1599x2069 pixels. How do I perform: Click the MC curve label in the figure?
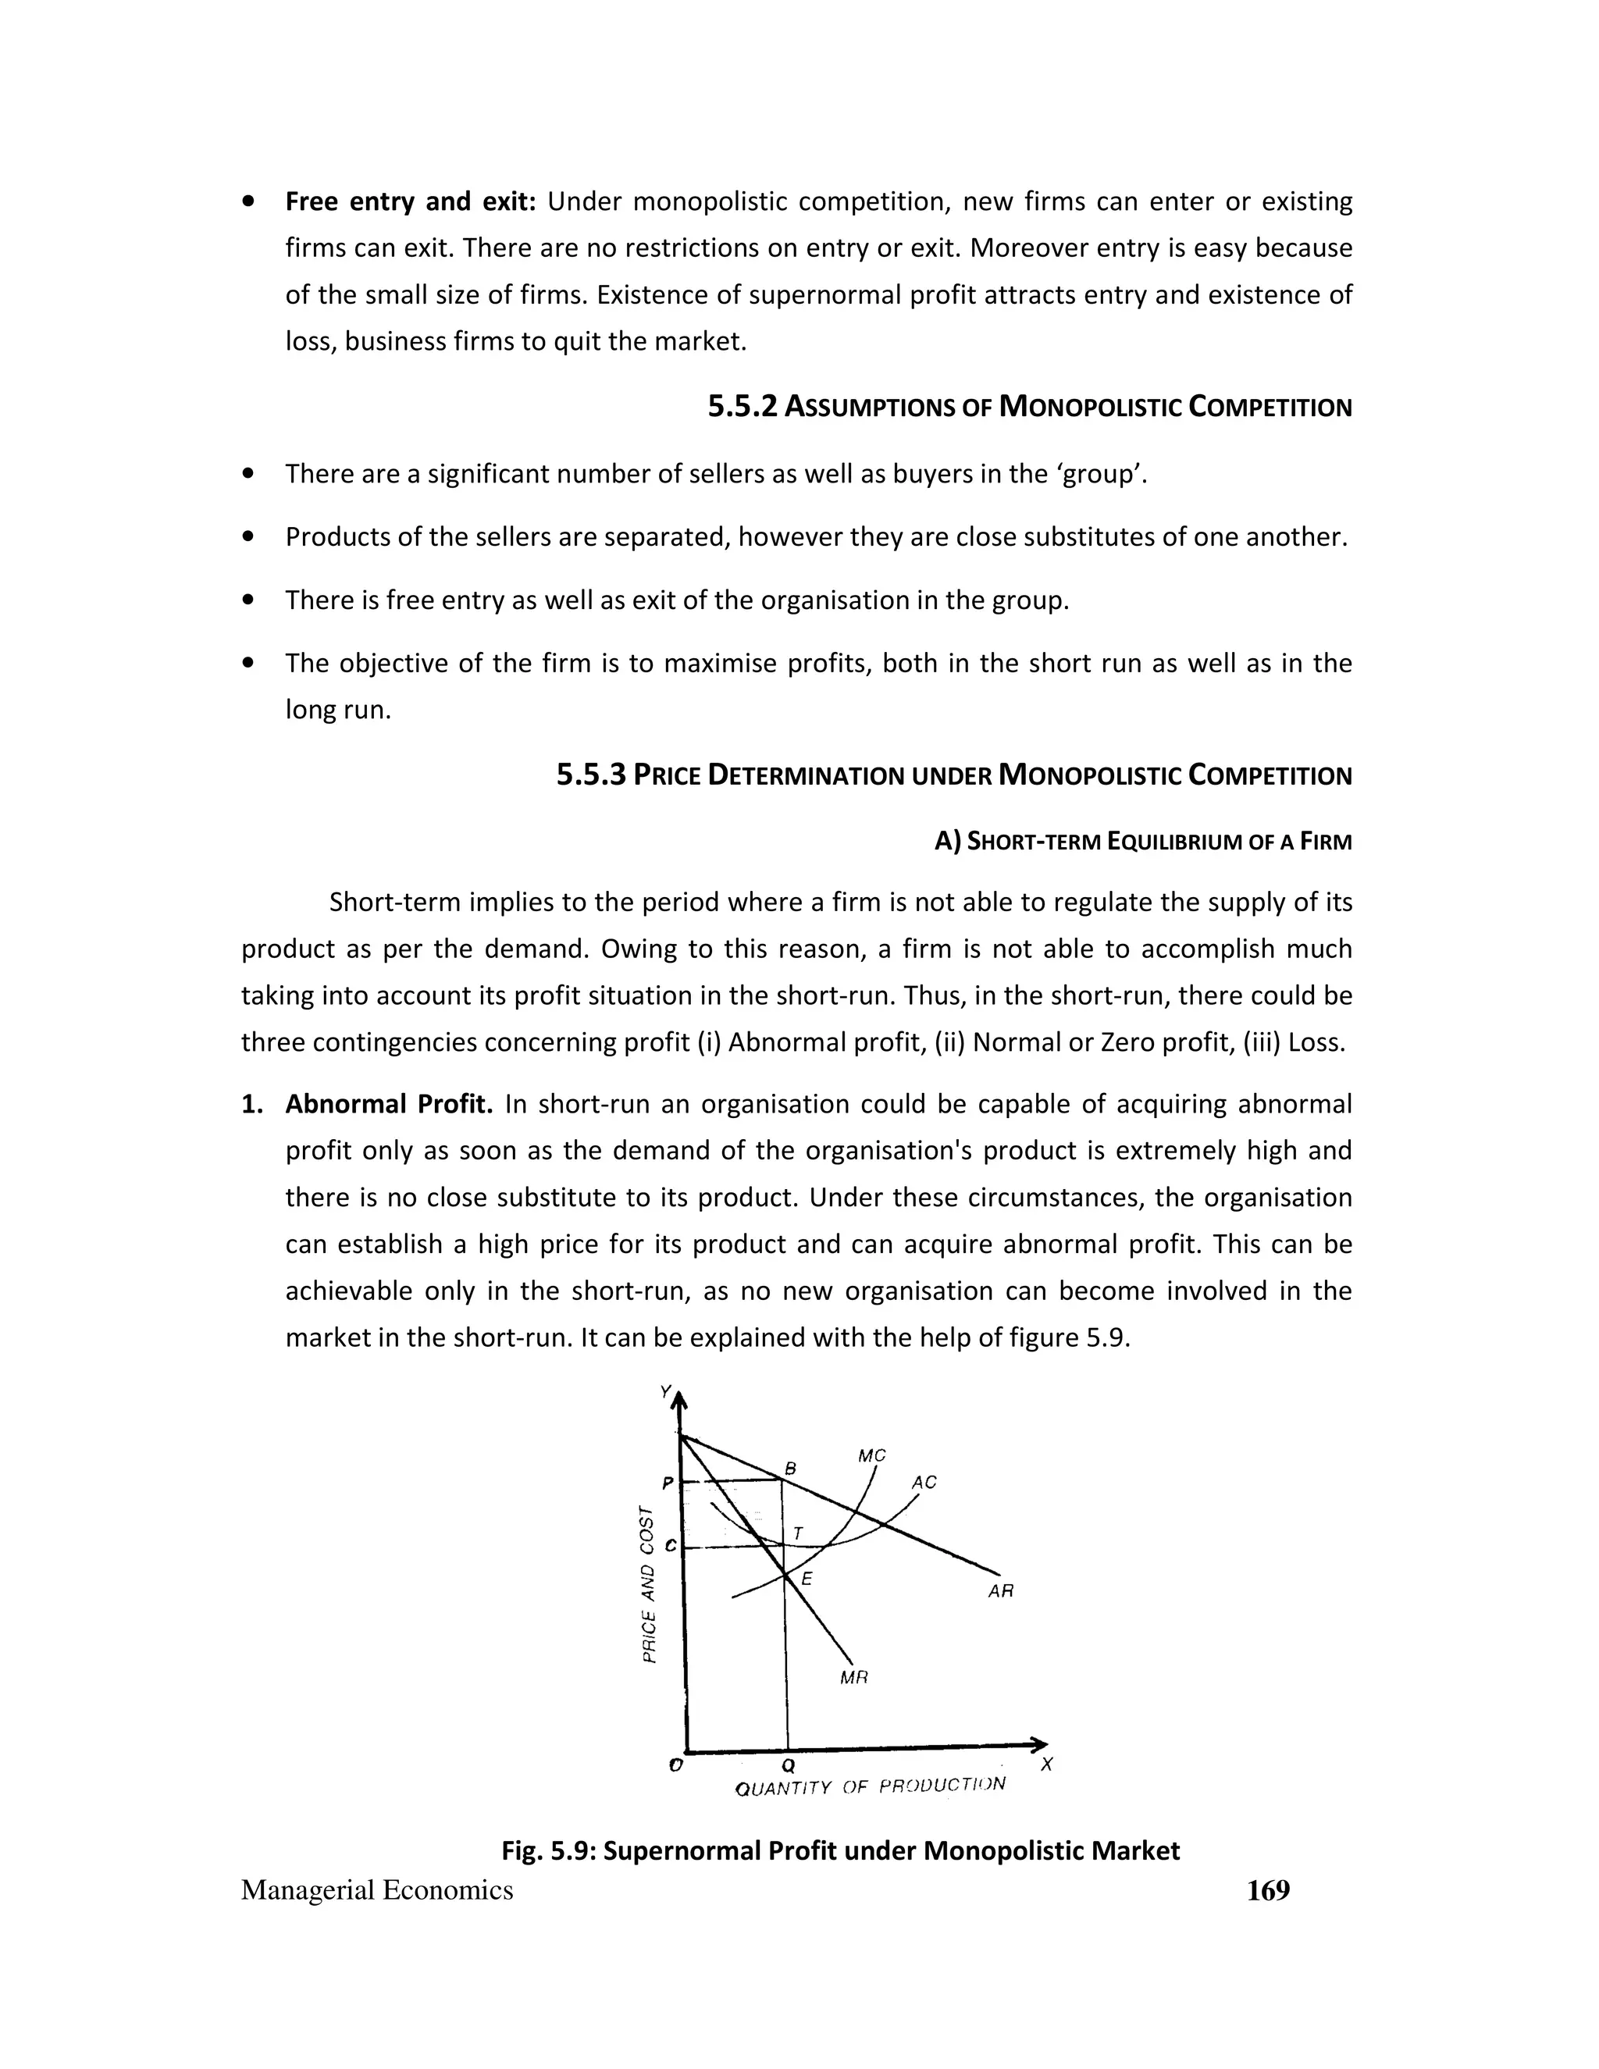871,1455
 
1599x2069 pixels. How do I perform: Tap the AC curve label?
924,1483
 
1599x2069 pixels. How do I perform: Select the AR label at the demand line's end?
1000,1591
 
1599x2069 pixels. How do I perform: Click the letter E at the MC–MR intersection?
807,1579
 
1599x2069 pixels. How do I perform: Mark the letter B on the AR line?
790,1469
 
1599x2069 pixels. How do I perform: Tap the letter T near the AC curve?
798,1533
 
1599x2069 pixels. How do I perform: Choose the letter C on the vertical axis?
670,1546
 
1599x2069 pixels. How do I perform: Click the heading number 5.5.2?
742,408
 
